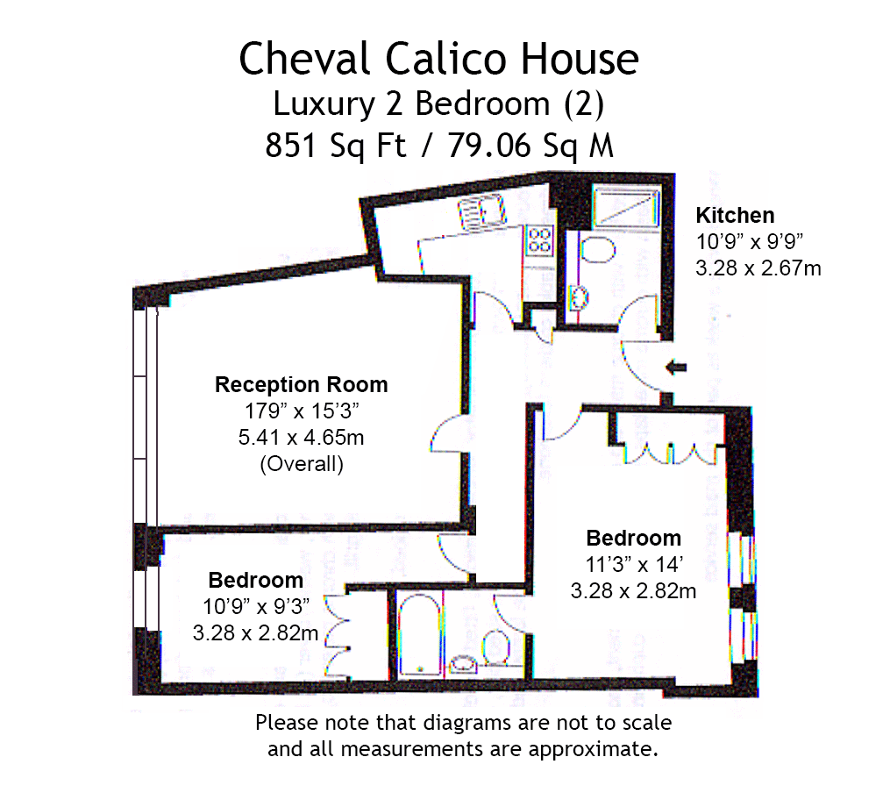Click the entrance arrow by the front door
(675, 368)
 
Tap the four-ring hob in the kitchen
(539, 239)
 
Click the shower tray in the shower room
(625, 209)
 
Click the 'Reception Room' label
(301, 384)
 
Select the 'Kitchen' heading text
(735, 215)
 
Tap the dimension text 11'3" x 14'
(633, 564)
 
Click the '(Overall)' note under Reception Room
(301, 464)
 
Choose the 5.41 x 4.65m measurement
(301, 437)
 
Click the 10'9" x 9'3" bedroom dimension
(255, 605)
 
